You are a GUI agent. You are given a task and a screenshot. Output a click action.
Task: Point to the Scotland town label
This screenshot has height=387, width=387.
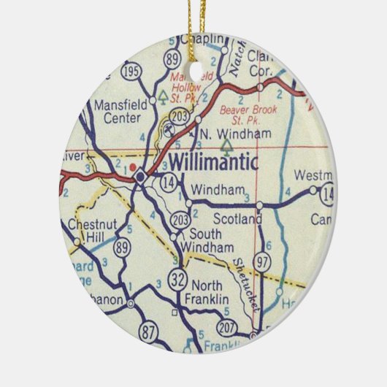237,219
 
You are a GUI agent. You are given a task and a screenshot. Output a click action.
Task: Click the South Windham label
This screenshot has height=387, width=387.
210,240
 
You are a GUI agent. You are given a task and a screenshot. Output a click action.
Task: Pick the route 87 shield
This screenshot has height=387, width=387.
150,333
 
